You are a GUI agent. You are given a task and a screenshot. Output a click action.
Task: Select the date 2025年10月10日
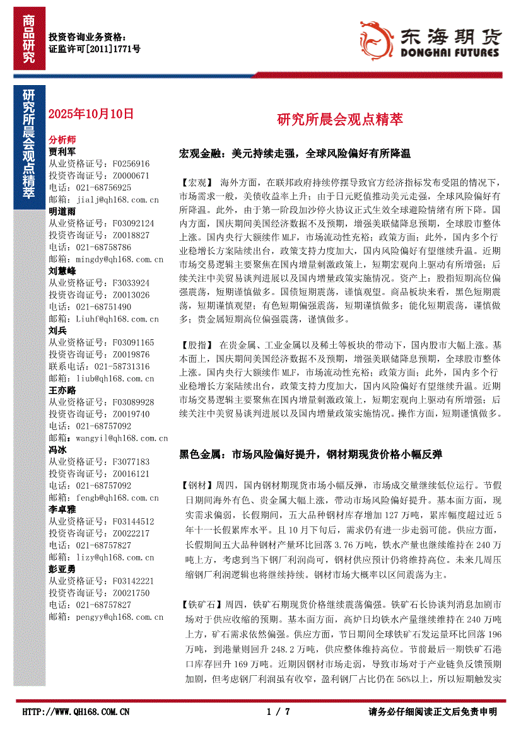point(91,114)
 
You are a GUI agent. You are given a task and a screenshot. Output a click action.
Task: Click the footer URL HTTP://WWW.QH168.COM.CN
point(76,712)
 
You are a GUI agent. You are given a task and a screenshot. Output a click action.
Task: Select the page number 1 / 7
point(278,712)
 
